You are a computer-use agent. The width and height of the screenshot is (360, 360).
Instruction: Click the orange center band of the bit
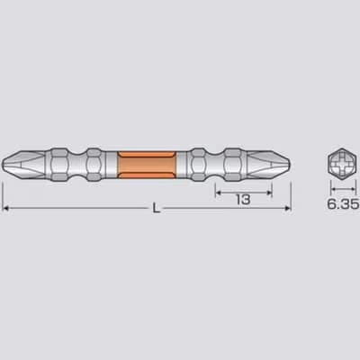(x=146, y=165)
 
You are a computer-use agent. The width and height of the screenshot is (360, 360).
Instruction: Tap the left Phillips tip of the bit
(x=24, y=165)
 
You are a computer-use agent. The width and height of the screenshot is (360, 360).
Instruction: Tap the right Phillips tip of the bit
(x=269, y=165)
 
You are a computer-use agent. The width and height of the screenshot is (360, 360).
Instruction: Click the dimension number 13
(x=243, y=200)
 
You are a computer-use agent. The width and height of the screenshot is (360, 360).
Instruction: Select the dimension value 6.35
(x=343, y=204)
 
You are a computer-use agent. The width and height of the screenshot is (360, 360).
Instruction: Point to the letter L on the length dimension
(x=156, y=208)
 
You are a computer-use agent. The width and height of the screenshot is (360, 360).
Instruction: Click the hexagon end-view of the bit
(x=344, y=164)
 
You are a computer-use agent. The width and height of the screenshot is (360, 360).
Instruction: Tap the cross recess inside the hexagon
(x=344, y=164)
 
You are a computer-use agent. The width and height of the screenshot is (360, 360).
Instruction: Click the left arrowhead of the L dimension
(x=5, y=208)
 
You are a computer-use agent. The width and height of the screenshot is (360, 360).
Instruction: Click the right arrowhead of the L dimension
(x=288, y=208)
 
